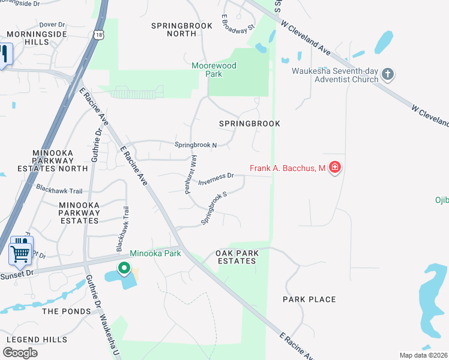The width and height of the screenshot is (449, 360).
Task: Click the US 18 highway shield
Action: point(98,35)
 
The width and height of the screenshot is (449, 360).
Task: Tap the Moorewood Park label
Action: point(214,70)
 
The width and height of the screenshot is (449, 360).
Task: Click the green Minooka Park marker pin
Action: point(124,268)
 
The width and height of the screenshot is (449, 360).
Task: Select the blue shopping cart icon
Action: point(20,252)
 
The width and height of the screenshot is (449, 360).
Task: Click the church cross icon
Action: point(388,74)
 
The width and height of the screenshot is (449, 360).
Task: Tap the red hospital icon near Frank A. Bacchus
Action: point(335,167)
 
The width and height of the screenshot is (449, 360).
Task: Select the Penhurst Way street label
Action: point(191,173)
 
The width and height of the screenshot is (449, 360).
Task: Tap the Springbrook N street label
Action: point(195,145)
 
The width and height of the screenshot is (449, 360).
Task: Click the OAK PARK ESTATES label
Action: point(236,257)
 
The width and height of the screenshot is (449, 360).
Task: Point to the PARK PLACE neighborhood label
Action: point(309,299)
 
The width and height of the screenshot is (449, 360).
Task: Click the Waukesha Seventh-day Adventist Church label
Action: point(335,75)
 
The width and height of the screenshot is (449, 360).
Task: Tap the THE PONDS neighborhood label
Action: point(67,311)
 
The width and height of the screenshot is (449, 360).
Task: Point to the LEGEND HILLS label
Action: point(37,339)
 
